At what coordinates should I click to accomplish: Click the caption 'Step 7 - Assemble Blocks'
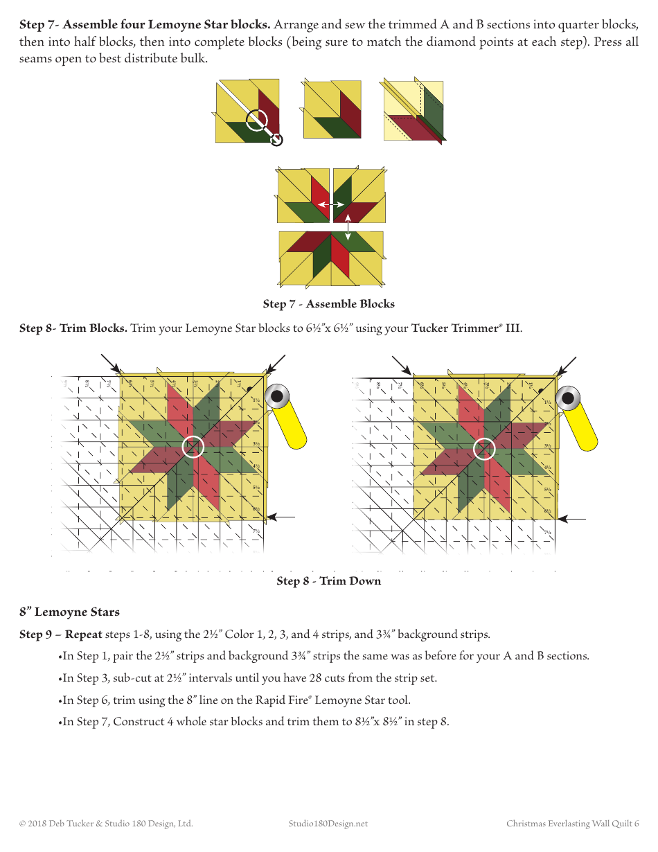point(328,304)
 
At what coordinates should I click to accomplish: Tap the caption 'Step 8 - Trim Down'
point(328,581)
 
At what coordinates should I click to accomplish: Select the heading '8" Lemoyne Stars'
point(69,612)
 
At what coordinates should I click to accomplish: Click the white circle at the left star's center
point(193,447)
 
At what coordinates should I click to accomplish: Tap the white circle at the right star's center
point(484,449)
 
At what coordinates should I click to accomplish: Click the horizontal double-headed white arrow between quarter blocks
point(331,205)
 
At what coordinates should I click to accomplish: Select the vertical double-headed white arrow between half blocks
point(348,227)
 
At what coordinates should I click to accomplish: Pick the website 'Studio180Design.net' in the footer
point(328,824)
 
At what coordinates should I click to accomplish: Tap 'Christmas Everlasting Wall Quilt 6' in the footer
point(572,824)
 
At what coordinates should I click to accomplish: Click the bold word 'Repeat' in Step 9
point(84,634)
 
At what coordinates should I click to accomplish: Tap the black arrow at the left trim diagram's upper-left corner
point(110,363)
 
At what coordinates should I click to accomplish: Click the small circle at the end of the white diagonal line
point(276,140)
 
